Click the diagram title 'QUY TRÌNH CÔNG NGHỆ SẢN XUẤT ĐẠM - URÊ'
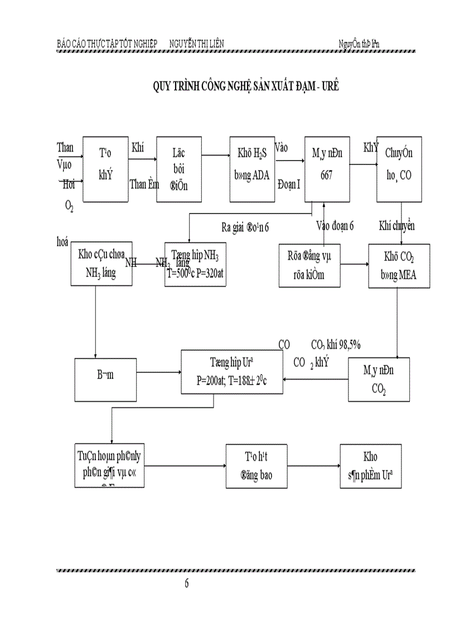click(246, 86)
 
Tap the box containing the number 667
click(326, 168)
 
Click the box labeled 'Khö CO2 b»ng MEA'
click(399, 265)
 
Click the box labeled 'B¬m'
click(105, 380)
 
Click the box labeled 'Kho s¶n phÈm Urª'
click(370, 466)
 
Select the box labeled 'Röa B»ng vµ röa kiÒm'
click(309, 265)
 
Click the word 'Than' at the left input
click(65, 147)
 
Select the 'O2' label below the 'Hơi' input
click(69, 206)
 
